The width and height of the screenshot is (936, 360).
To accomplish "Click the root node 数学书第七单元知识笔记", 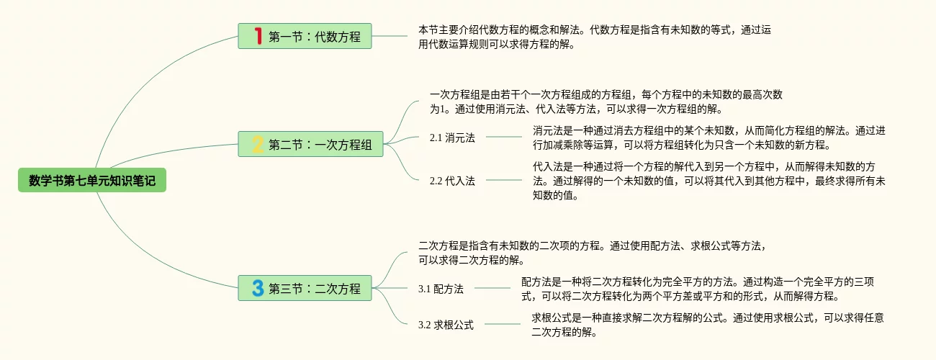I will point(92,180).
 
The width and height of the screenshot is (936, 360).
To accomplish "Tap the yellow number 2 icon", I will point(258,145).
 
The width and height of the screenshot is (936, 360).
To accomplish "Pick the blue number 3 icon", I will point(258,288).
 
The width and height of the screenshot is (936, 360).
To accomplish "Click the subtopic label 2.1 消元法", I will point(452,138).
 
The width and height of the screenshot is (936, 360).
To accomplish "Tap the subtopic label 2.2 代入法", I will point(452,181).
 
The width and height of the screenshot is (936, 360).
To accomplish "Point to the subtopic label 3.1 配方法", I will point(441,289).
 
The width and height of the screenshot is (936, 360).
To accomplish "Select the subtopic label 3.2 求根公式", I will point(446,325).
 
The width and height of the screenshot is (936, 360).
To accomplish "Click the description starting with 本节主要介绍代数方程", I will point(595,37).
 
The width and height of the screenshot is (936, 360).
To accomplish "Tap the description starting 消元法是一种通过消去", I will point(708,138).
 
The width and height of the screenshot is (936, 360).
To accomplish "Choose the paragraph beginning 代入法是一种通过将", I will point(708,180).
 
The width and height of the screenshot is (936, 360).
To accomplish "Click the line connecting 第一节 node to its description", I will point(390,36).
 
